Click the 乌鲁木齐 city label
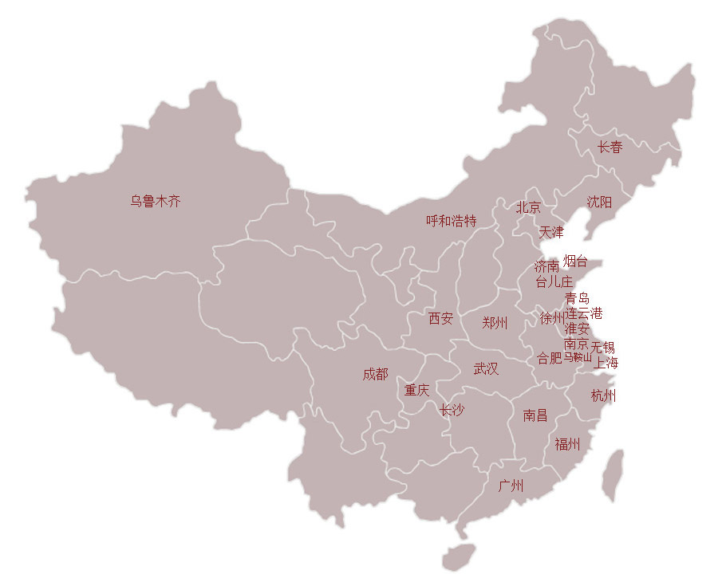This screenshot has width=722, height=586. pyautogui.click(x=156, y=202)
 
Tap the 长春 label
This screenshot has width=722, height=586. pyautogui.click(x=610, y=147)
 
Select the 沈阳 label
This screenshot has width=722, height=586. pyautogui.click(x=599, y=203)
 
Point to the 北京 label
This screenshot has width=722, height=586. pyautogui.click(x=528, y=208)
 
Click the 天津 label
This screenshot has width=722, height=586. pyautogui.click(x=550, y=233)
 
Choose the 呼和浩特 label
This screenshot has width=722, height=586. pyautogui.click(x=451, y=221)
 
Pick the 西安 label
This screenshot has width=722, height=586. pyautogui.click(x=440, y=319)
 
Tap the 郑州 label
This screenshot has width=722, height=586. pyautogui.click(x=495, y=323)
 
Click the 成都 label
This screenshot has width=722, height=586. pyautogui.click(x=375, y=374)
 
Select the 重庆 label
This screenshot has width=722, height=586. pyautogui.click(x=416, y=391)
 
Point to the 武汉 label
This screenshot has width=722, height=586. pyautogui.click(x=486, y=369)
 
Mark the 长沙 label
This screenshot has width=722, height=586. pyautogui.click(x=452, y=411)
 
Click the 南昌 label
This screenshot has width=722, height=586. pyautogui.click(x=535, y=415)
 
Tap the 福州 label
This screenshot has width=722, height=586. pyautogui.click(x=567, y=445)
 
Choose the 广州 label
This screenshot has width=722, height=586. pyautogui.click(x=511, y=486)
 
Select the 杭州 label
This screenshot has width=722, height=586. pyautogui.click(x=603, y=396)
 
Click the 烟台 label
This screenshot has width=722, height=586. pyautogui.click(x=575, y=261)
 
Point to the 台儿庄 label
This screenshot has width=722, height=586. pyautogui.click(x=554, y=281)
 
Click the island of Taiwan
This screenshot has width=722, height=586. pyautogui.click(x=612, y=475)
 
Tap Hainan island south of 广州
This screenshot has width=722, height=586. pyautogui.click(x=458, y=557)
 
